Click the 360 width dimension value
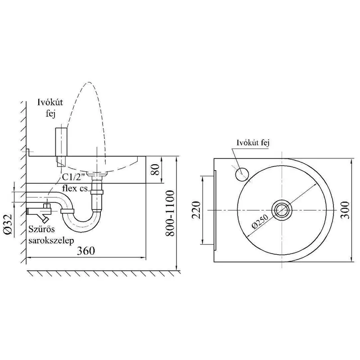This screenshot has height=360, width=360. click(x=85, y=251)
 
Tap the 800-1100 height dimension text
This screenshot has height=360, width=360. click(x=170, y=213)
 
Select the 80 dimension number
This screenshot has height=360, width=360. click(x=156, y=170)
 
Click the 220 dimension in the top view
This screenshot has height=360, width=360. click(x=196, y=210)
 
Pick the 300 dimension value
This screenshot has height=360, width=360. click(x=345, y=210)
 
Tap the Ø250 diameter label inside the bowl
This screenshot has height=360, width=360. click(x=260, y=221)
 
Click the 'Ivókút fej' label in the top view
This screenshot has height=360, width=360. click(x=253, y=143)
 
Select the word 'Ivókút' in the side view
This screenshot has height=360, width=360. click(x=50, y=102)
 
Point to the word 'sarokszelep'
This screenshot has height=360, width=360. click(x=51, y=241)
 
